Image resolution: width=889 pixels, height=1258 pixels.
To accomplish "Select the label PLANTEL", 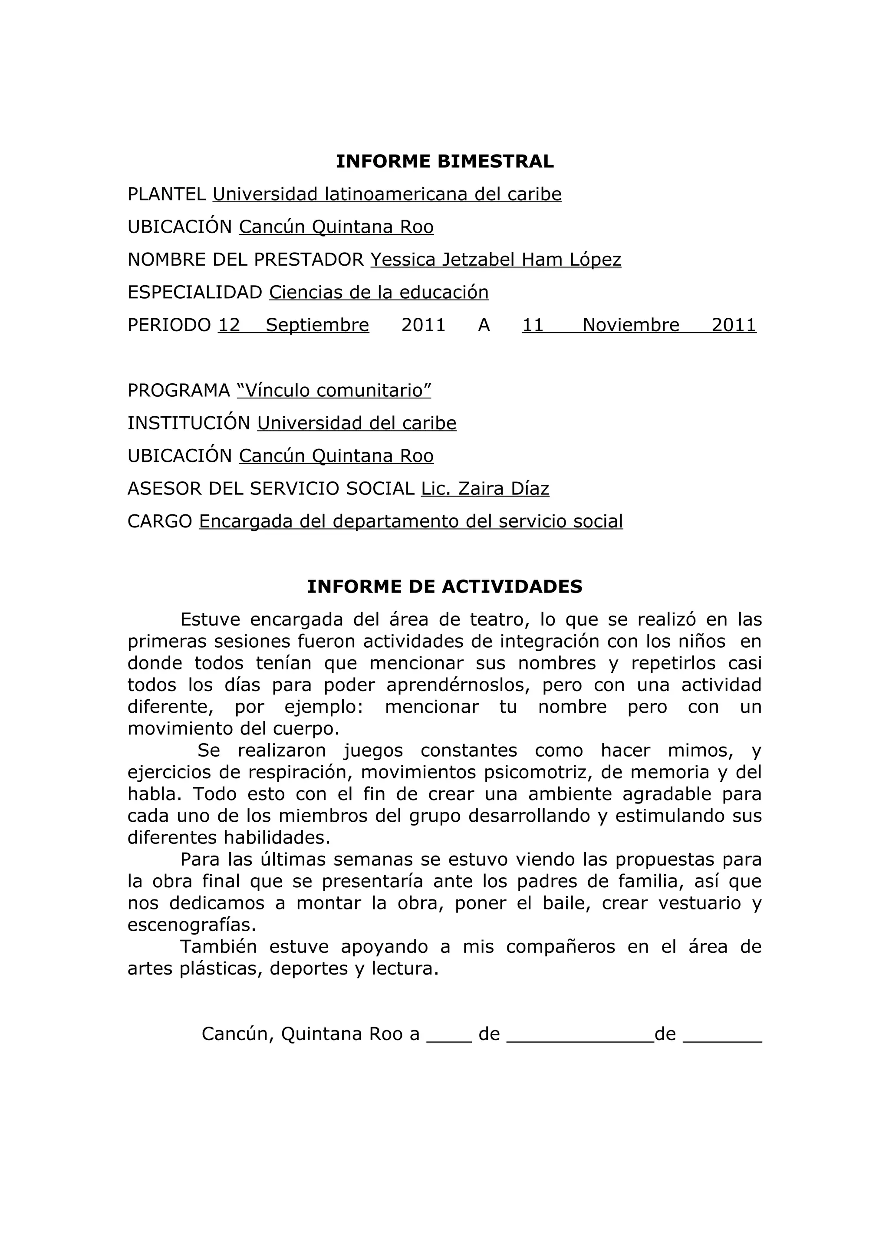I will coord(167,194).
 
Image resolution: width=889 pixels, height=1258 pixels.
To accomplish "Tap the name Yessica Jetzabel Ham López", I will coord(496,260).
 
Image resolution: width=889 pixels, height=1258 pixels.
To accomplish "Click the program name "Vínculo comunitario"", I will coord(334,391).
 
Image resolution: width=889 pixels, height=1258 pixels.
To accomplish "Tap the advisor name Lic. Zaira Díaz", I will coord(485,489).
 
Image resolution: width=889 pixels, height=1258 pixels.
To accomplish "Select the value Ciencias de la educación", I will coord(379,293).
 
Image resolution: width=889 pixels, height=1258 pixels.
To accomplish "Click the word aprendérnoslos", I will coord(458,685).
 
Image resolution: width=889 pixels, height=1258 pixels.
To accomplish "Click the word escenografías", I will coord(192,925).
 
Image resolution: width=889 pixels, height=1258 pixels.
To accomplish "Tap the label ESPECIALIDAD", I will coord(195,293).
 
